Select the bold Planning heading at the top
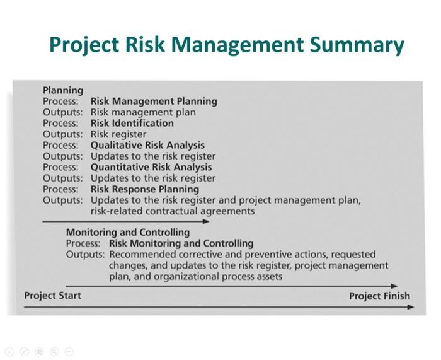[62, 90]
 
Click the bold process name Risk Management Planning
[154, 101]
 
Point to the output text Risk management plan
[143, 112]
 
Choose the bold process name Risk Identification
[132, 123]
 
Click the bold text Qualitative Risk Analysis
[147, 145]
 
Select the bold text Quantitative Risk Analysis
[151, 167]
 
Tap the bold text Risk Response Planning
[144, 189]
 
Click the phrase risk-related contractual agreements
[173, 211]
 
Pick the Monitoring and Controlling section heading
[127, 232]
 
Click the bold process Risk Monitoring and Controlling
[181, 243]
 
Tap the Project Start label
[52, 296]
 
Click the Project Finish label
[379, 296]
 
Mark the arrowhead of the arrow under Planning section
[206, 221]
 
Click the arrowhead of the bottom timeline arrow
[411, 307]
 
